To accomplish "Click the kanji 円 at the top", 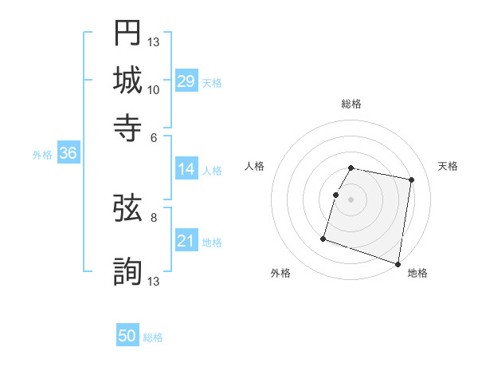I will coord(127,33).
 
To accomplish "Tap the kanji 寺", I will coord(127,126).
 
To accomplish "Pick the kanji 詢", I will coord(127,270).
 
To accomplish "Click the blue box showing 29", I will coord(186,81).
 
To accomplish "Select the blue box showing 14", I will coord(186,169).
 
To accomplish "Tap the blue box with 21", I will coord(186,242).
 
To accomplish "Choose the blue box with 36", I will coord(68,154).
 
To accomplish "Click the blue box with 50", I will coord(127,337).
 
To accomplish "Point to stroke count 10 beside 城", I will coord(154,89).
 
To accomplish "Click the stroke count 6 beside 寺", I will coord(154,136).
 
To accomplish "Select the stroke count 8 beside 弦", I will coord(154,216).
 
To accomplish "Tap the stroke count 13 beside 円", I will coord(154,41).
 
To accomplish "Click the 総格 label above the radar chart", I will coord(351,104).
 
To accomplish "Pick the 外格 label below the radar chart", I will coord(280,274).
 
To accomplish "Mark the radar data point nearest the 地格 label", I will coord(398,263).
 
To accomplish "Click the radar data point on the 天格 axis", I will coord(411,180).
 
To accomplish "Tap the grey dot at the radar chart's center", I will coord(351,199).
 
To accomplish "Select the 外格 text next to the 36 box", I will coord(42,156).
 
